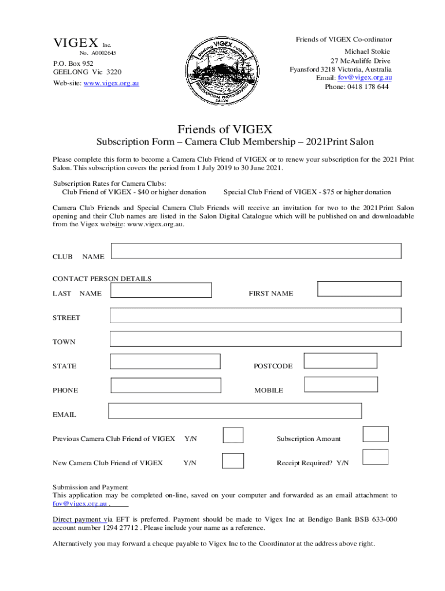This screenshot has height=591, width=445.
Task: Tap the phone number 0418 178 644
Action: (x=369, y=87)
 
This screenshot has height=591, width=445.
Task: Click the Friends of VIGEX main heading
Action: (x=224, y=129)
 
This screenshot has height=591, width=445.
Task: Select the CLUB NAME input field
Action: (x=256, y=251)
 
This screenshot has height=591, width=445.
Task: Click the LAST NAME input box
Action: (x=161, y=290)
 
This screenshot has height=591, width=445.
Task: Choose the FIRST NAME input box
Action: (x=359, y=289)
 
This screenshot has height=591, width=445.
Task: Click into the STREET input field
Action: (x=255, y=315)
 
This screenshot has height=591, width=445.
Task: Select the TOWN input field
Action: (x=255, y=339)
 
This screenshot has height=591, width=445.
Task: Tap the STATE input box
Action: (x=165, y=361)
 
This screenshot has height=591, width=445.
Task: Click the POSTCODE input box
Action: (x=340, y=361)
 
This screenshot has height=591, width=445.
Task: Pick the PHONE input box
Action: (x=166, y=386)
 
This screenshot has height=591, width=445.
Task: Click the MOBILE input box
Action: (x=341, y=384)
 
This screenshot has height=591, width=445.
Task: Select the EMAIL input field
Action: (x=235, y=410)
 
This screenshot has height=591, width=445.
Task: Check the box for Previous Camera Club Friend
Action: (x=233, y=435)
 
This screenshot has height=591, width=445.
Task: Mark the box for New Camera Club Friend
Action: (x=233, y=460)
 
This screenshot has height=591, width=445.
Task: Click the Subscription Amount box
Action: (x=375, y=434)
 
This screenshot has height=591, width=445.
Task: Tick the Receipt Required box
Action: (x=375, y=457)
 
